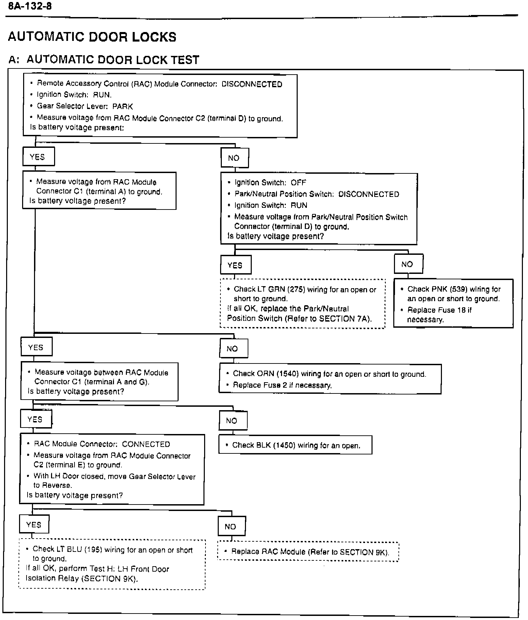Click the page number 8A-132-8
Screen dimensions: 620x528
click(30, 6)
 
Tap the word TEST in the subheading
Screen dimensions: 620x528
click(185, 60)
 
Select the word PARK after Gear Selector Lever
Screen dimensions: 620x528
click(122, 106)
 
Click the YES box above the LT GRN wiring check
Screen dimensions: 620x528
click(235, 265)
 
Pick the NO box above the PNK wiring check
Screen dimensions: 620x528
click(408, 264)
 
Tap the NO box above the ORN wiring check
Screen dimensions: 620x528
click(233, 348)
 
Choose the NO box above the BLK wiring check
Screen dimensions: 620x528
click(232, 421)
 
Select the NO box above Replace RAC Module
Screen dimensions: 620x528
click(231, 526)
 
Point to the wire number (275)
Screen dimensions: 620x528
click(296, 290)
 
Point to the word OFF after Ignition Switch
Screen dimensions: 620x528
click(298, 183)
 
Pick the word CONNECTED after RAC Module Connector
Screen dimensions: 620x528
click(146, 444)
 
